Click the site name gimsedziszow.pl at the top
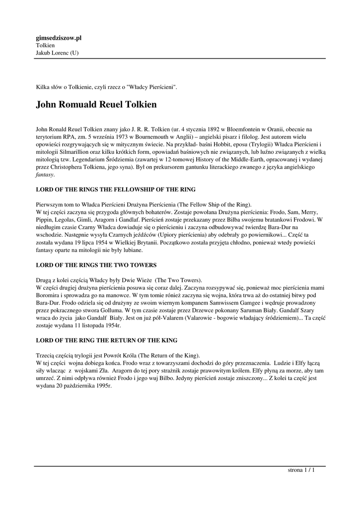tap(59, 38)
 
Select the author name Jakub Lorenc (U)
tap(57, 53)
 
